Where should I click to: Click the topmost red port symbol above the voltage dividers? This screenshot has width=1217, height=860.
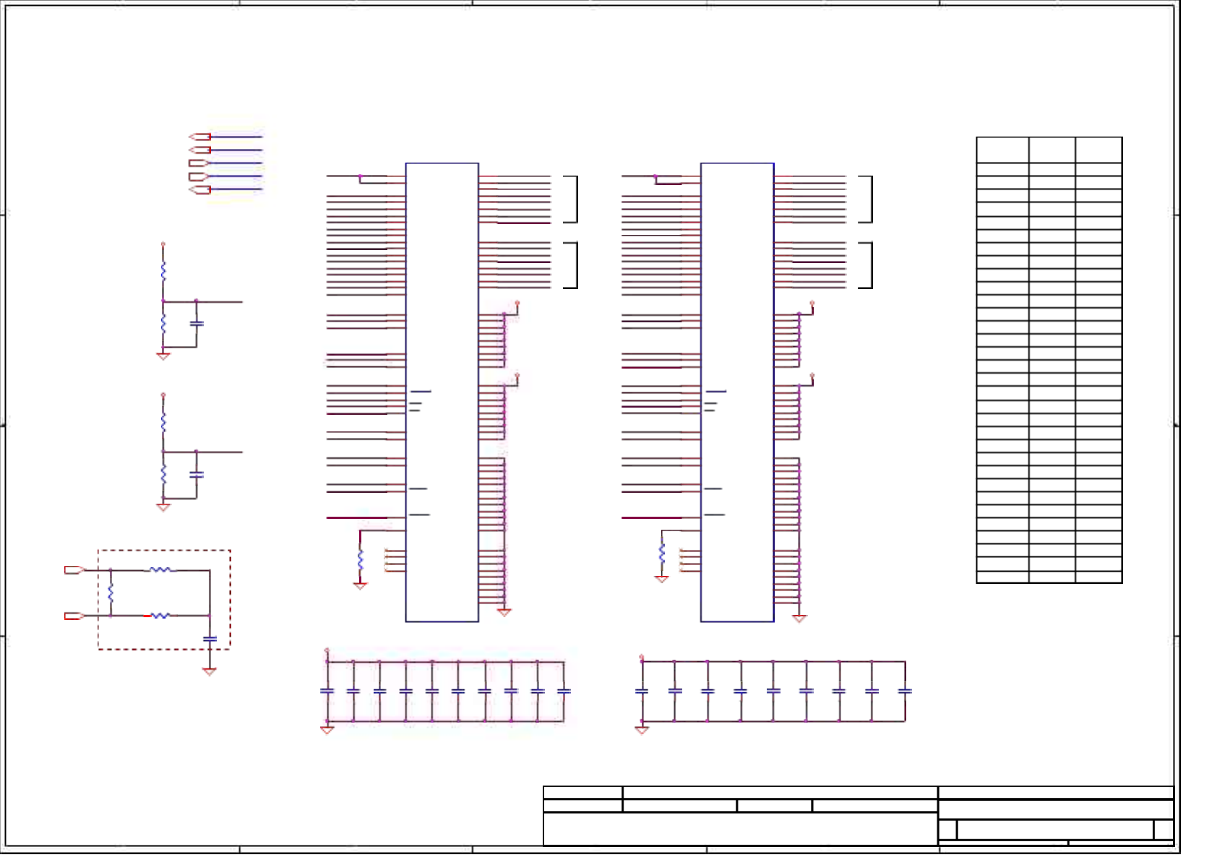[199, 137]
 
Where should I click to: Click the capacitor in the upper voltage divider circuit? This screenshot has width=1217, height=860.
[197, 323]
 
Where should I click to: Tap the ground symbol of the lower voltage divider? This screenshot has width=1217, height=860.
[163, 507]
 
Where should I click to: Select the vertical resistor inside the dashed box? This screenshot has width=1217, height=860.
[111, 593]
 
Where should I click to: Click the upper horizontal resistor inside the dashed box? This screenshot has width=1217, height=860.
[160, 570]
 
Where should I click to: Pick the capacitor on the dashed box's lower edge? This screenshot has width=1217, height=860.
[210, 639]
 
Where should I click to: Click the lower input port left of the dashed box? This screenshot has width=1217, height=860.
[74, 616]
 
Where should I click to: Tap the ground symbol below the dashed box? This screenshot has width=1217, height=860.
[210, 671]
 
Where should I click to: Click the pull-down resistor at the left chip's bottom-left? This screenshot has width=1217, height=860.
[360, 559]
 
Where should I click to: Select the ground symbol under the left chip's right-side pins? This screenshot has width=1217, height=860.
[504, 612]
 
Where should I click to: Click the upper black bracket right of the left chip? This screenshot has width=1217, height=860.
[572, 199]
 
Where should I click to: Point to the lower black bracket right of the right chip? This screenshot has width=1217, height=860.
[867, 265]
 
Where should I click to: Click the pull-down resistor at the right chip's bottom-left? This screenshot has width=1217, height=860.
[661, 554]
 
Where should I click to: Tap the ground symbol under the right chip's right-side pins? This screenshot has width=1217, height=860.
[799, 619]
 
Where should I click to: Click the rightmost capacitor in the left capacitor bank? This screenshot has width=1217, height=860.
[564, 692]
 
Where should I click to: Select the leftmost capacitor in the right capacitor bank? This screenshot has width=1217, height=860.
[642, 692]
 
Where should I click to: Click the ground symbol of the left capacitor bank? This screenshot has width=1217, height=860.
[327, 730]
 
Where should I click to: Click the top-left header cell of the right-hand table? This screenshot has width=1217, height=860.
[1002, 150]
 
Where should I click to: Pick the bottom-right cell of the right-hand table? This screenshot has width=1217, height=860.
[1098, 577]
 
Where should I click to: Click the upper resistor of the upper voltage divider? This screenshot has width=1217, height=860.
[163, 272]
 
